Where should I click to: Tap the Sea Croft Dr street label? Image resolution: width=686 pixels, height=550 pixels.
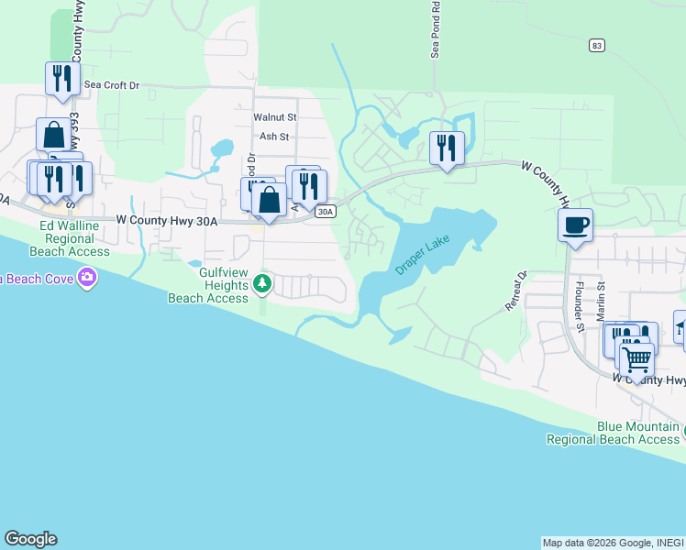(x=111, y=85)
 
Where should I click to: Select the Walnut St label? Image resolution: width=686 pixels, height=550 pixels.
(x=275, y=117)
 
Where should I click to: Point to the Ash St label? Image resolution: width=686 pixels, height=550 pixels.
(x=274, y=137)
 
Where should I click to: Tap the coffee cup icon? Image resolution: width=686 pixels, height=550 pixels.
(x=575, y=225)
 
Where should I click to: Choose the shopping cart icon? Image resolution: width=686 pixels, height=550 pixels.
(x=636, y=360)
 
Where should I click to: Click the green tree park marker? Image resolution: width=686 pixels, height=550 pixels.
(x=262, y=283)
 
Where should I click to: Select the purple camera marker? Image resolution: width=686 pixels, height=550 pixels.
(x=87, y=276)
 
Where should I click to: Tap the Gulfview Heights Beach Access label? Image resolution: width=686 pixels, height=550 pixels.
(x=208, y=284)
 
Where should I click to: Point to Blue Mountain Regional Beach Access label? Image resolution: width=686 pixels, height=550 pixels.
(x=613, y=433)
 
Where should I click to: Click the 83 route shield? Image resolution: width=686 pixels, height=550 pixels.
(x=597, y=45)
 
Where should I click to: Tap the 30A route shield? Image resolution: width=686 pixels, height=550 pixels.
(x=325, y=212)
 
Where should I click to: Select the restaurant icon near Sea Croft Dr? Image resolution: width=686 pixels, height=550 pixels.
(x=62, y=78)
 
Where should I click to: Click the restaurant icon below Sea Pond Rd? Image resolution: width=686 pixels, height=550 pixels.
(x=447, y=148)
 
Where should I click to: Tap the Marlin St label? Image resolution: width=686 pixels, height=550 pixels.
(x=601, y=300)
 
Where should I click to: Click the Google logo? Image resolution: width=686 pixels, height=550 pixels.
(x=30, y=539)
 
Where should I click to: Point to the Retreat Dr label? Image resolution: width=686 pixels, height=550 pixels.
(x=516, y=291)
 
